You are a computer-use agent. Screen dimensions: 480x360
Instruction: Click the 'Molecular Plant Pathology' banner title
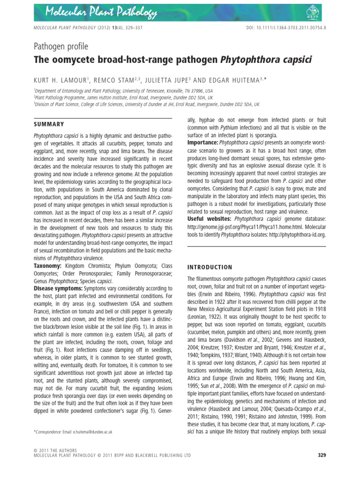point(101,10)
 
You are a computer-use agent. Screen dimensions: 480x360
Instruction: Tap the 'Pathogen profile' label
point(60,46)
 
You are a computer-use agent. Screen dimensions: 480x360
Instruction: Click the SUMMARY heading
point(49,124)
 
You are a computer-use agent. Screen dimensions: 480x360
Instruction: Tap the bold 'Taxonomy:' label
point(47,266)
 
